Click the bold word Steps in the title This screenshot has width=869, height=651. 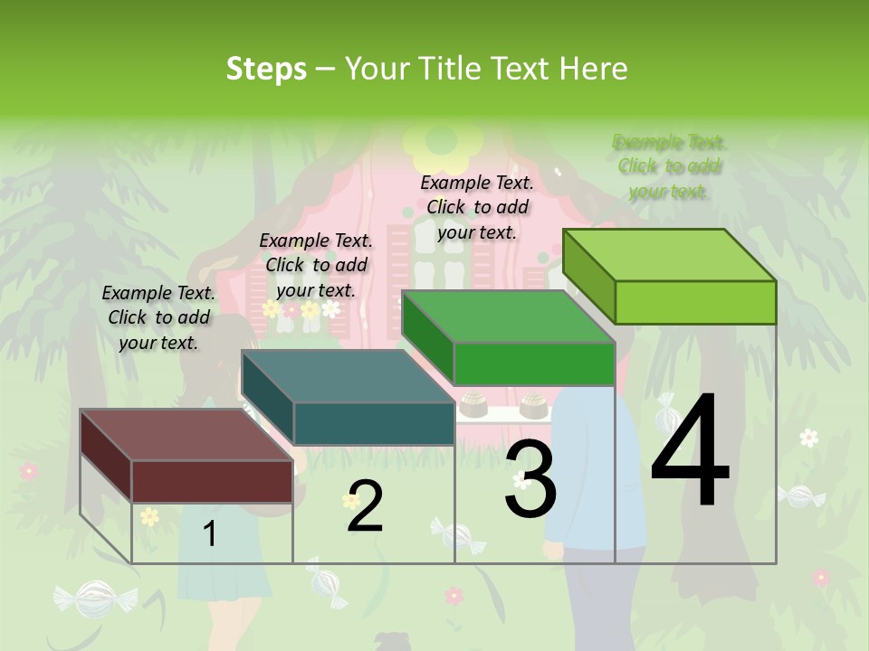[266, 69]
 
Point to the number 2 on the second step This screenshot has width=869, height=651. [365, 506]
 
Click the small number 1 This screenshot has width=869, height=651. [210, 534]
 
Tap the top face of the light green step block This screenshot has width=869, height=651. [670, 254]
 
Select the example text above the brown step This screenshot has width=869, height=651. [158, 317]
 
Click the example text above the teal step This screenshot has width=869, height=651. [316, 265]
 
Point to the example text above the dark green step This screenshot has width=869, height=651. [477, 207]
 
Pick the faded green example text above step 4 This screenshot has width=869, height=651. [669, 166]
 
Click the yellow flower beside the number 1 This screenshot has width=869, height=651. [149, 516]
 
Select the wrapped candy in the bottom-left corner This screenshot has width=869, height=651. [94, 598]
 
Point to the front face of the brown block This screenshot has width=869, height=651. [212, 481]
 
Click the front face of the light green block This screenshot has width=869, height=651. [695, 302]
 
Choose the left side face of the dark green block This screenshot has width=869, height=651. [427, 336]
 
